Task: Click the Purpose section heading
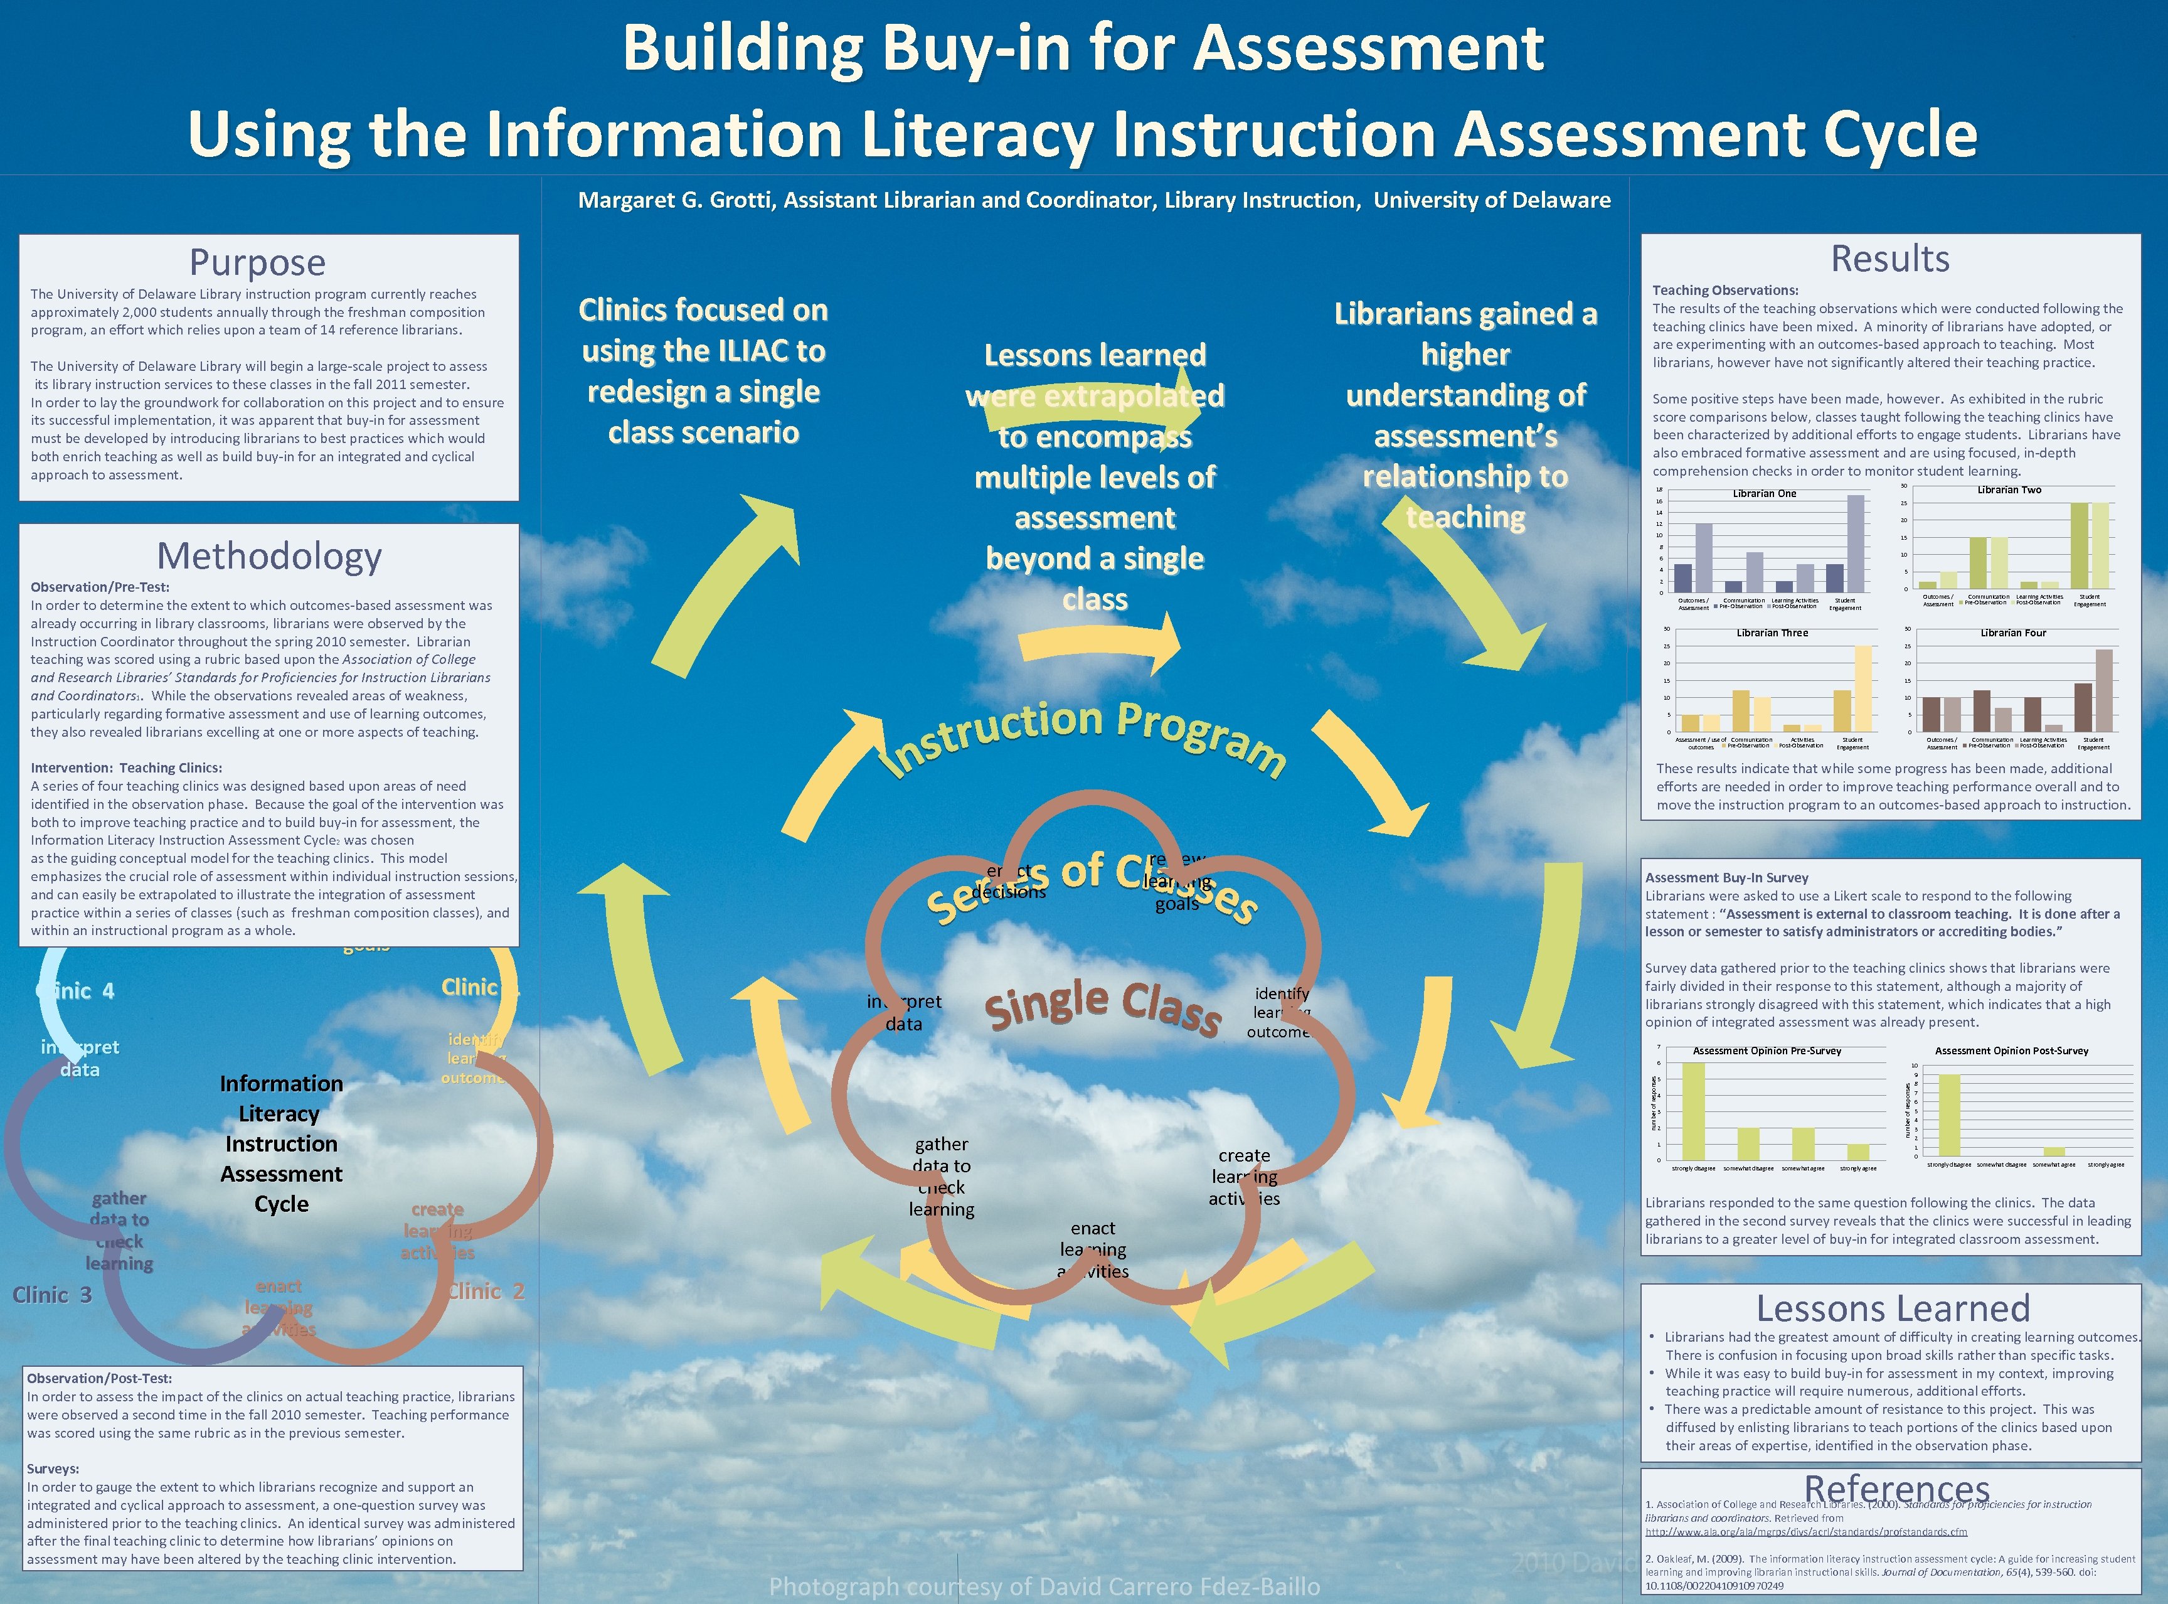(257, 263)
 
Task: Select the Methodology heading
(269, 557)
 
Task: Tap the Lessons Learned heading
(1893, 1309)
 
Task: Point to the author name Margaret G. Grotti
(676, 201)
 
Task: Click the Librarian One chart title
(1764, 493)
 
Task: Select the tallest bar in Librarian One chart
(1856, 543)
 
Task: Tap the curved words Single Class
(1102, 1006)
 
